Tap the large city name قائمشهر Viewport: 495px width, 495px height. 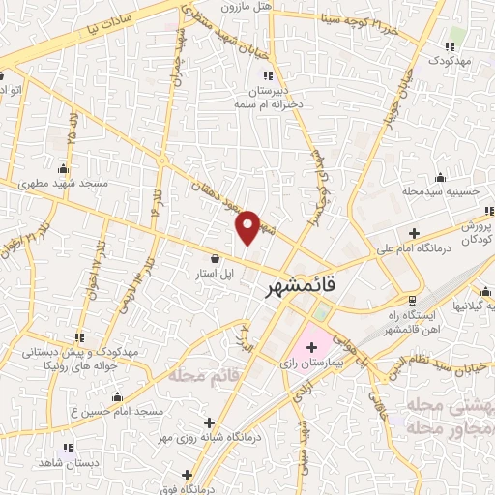[302, 288]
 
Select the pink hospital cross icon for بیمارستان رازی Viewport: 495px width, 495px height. [313, 345]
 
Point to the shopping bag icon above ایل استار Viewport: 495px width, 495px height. [215, 259]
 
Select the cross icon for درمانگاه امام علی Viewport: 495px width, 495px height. [414, 233]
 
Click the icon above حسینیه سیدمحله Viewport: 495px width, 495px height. [441, 177]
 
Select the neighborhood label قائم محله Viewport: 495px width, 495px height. [199, 373]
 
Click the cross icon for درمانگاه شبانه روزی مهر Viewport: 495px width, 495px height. [210, 422]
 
